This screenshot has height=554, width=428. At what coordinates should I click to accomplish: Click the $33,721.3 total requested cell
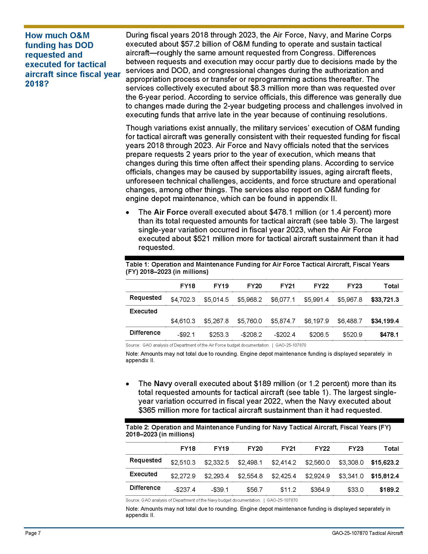pyautogui.click(x=385, y=300)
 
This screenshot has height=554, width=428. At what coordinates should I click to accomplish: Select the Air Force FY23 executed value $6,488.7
pyautogui.click(x=350, y=321)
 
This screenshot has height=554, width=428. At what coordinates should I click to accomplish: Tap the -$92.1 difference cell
pyautogui.click(x=186, y=335)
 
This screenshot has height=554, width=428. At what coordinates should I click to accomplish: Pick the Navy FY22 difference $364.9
pyautogui.click(x=320, y=490)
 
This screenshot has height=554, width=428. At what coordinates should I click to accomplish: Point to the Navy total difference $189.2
pyautogui.click(x=389, y=490)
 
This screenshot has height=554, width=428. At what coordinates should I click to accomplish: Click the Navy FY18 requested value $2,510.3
pyautogui.click(x=183, y=462)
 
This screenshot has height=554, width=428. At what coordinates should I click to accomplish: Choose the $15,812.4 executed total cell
pyautogui.click(x=385, y=476)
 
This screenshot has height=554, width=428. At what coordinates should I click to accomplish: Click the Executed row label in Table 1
pyautogui.click(x=143, y=311)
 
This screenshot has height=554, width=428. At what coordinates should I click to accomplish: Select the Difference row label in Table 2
pyautogui.click(x=145, y=488)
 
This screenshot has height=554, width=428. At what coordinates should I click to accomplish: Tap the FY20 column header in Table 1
pyautogui.click(x=254, y=286)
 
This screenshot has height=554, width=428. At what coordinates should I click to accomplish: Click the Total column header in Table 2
pyautogui.click(x=391, y=449)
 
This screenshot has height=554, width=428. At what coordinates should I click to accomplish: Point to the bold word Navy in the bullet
pyautogui.click(x=163, y=384)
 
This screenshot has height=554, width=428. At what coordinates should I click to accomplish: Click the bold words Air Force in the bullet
pyautogui.click(x=171, y=212)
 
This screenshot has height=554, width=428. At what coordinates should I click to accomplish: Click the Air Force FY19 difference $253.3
pyautogui.click(x=219, y=335)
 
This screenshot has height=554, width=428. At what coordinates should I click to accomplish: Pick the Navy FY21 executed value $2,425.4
pyautogui.click(x=284, y=476)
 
